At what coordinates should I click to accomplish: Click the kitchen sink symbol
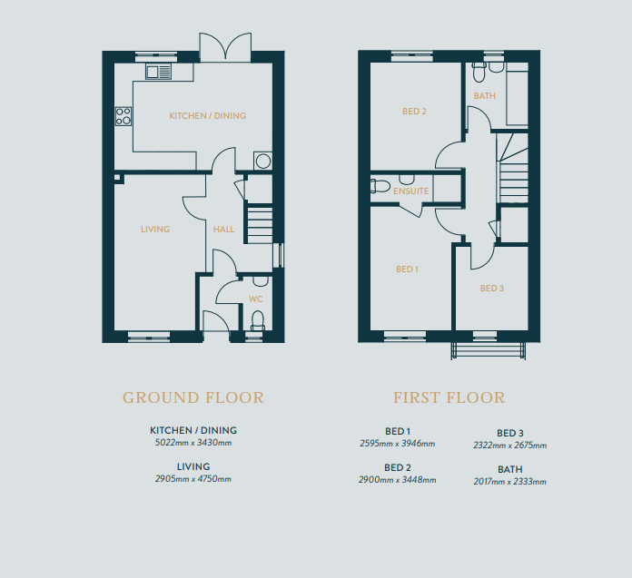(158, 72)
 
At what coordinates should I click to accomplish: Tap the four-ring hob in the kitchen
(123, 116)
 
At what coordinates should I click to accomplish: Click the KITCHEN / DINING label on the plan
(208, 116)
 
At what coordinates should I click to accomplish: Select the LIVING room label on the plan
(155, 230)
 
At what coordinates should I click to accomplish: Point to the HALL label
(223, 230)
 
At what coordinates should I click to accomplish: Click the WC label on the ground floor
(255, 299)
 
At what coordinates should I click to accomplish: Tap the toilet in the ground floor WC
(258, 319)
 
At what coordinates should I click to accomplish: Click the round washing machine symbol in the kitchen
(262, 162)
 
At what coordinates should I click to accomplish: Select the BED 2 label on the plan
(414, 112)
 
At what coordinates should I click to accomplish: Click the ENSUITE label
(410, 191)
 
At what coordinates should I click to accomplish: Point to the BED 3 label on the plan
(492, 289)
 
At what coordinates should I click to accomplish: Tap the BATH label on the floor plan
(485, 96)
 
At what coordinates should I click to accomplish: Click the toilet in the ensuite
(380, 186)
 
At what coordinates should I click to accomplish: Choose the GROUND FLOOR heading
(193, 398)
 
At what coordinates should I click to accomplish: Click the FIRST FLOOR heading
(449, 398)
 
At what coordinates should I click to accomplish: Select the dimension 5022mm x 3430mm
(193, 443)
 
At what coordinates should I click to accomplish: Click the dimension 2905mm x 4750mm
(193, 479)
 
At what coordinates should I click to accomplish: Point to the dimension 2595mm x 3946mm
(398, 444)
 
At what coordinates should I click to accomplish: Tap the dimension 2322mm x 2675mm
(510, 446)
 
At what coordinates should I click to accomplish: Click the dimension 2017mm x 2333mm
(510, 481)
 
